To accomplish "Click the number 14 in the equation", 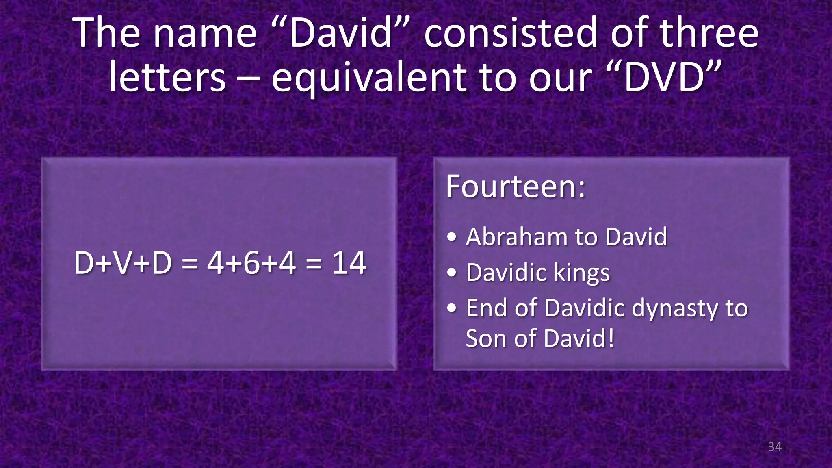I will click(349, 263).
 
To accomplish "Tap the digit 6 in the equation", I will click(251, 263).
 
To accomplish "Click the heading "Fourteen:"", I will click(516, 186).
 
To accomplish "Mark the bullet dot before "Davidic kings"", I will click(452, 273).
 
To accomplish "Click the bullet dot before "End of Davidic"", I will click(452, 308).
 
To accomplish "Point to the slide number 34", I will click(775, 447).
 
